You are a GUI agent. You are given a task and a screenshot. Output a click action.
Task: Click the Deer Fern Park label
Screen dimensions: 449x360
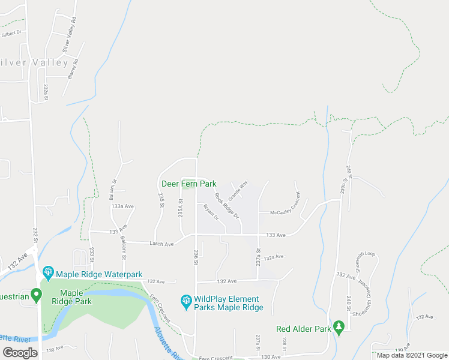tap(189, 184)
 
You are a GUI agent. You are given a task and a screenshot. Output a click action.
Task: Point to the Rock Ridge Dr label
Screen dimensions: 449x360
tap(227, 204)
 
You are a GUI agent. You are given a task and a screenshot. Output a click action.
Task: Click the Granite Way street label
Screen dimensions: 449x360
tap(238, 190)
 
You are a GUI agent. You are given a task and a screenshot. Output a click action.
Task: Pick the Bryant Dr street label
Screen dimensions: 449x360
tap(211, 212)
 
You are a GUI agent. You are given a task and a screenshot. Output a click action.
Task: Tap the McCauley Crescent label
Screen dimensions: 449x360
tap(285, 212)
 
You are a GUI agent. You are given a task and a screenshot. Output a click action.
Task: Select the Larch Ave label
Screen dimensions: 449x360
tap(161, 244)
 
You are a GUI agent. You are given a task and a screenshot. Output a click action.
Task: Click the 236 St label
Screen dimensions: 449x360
tap(196, 256)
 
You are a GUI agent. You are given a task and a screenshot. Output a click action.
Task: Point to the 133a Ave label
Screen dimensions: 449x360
tap(122, 206)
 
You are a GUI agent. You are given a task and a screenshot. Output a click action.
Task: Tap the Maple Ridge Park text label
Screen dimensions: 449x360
tap(76, 297)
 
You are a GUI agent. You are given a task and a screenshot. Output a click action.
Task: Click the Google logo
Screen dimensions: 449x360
tap(20, 352)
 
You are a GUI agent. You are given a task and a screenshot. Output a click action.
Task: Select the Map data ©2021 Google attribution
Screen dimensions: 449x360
tap(412, 355)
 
